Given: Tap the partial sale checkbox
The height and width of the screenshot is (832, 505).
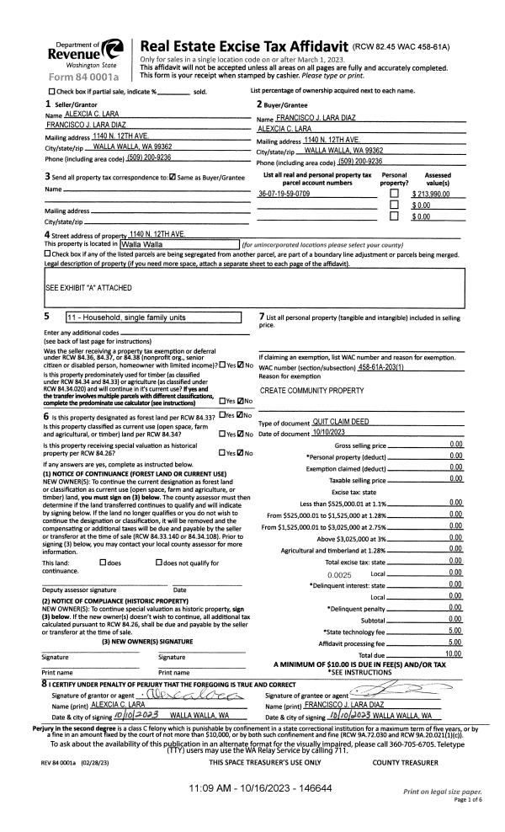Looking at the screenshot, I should [52, 91].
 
